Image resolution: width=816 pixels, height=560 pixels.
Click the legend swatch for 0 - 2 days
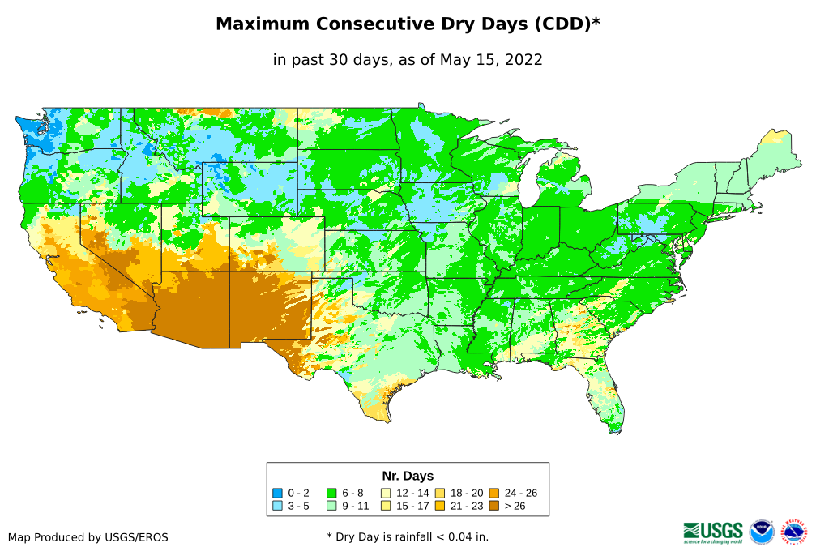coord(278,493)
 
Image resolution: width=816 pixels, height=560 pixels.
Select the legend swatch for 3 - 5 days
coord(278,507)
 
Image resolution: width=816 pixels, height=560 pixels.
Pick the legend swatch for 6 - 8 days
coord(331,493)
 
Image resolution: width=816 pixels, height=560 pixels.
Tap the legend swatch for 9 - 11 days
coord(331,507)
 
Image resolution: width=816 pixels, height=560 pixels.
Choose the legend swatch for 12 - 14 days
coord(386,493)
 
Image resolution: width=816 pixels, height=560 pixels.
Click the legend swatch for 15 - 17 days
coord(386,507)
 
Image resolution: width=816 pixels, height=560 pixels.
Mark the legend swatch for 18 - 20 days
coord(440,493)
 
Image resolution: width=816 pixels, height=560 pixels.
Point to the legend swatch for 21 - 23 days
coord(440,507)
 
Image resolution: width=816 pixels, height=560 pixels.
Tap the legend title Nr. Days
coord(408,476)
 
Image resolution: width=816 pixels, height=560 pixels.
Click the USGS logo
coord(713,532)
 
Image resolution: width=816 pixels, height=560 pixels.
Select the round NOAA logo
coord(762,532)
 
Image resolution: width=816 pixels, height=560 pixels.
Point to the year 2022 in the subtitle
coord(523,59)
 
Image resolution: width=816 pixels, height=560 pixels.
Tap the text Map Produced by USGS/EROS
coord(88,536)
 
